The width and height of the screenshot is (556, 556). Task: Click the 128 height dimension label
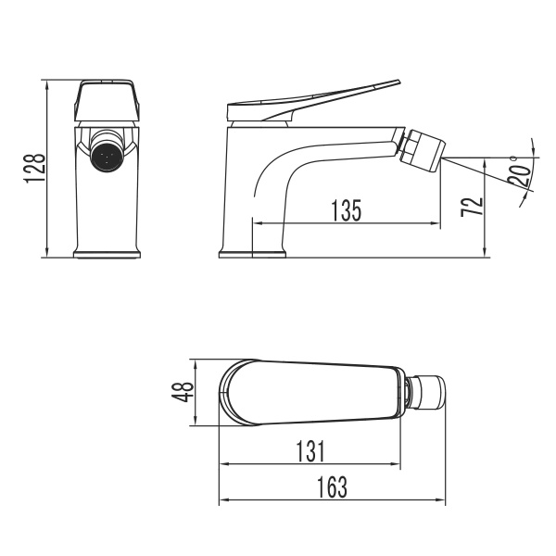coord(34,170)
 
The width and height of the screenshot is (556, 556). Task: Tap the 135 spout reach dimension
coord(346,210)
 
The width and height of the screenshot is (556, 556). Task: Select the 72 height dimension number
coord(472,206)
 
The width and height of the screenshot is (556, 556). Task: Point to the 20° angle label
coord(522,171)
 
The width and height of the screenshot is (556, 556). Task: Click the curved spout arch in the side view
coord(278,167)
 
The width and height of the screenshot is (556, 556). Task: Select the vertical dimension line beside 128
coord(47,170)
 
